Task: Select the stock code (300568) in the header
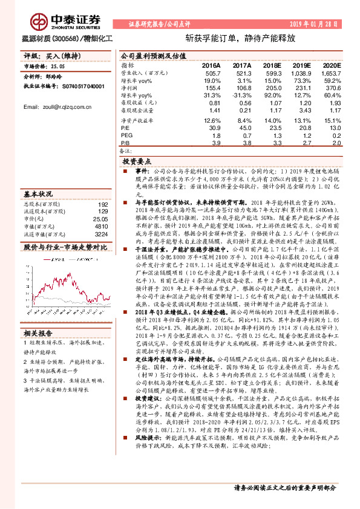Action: pos(61,37)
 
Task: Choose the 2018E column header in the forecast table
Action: pos(272,65)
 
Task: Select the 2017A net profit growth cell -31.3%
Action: pos(241,96)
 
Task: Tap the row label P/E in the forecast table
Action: pos(126,128)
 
